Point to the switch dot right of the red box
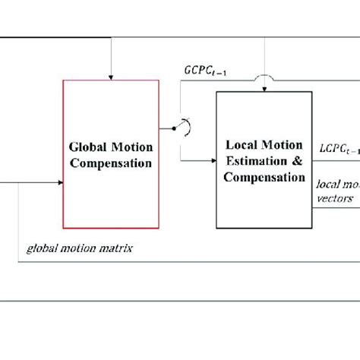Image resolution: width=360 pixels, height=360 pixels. (173, 128)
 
